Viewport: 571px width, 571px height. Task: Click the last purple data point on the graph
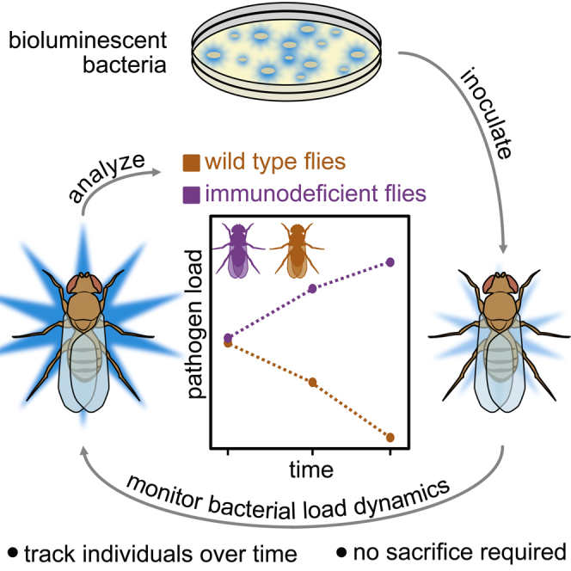[390, 261]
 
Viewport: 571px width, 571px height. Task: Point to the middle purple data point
[312, 289]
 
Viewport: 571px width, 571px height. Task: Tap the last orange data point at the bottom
[390, 437]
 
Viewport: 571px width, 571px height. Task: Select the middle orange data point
[312, 382]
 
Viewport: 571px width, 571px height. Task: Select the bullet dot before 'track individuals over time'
[12, 551]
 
